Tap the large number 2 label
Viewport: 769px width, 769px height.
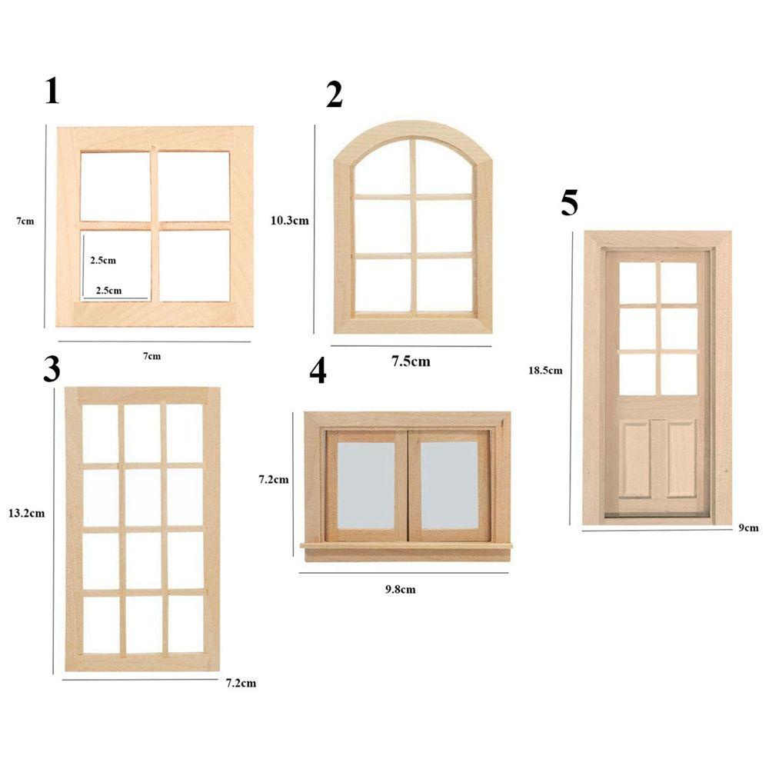tap(334, 95)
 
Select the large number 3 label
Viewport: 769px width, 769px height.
tap(52, 369)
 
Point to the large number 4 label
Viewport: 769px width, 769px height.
tap(318, 371)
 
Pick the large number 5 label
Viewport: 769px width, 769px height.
tap(569, 202)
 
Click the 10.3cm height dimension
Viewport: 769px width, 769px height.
tap(289, 220)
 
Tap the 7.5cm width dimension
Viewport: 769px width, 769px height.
tap(411, 361)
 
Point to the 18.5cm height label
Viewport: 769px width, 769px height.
tap(545, 370)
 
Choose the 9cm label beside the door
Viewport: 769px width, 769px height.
tap(748, 527)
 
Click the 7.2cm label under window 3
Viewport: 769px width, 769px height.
tap(241, 682)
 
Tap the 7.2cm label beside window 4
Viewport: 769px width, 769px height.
tap(273, 480)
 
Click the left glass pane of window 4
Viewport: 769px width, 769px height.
tap(366, 485)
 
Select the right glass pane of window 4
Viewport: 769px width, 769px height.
tap(449, 485)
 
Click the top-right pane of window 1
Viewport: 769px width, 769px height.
tap(194, 186)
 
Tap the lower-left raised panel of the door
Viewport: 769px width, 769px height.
tap(635, 458)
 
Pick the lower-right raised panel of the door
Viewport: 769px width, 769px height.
tap(681, 458)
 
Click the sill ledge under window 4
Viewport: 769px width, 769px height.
tap(406, 546)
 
